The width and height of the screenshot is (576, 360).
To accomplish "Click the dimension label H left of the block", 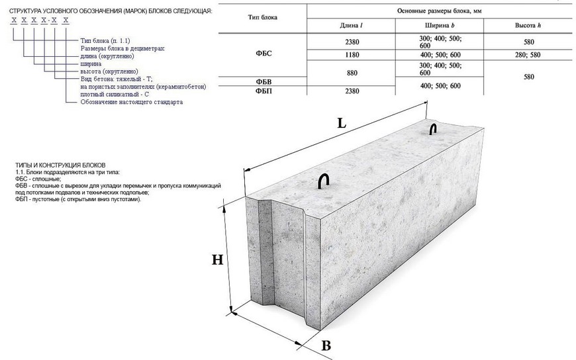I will point(217,259).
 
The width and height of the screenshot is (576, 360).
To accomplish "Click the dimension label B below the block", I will point(326,344).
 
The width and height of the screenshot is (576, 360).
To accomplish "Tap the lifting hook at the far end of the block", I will point(433,128).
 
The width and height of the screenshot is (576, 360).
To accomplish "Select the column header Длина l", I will point(352,25).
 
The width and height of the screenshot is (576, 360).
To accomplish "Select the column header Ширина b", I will point(439,25).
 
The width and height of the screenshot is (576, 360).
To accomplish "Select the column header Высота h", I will point(528,25).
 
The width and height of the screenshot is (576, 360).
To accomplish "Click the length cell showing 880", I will point(352,74).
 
